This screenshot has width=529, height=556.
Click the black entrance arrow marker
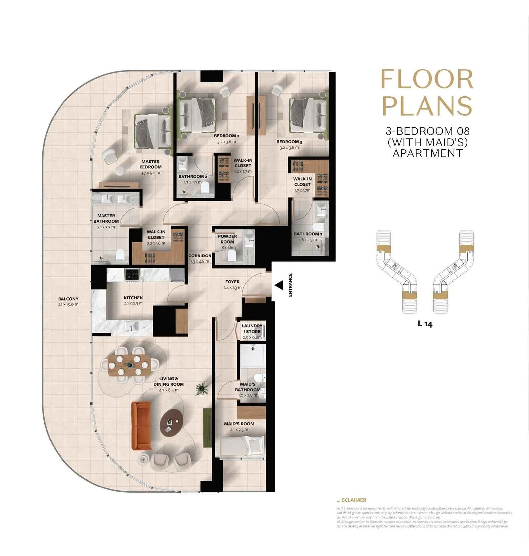[279, 285]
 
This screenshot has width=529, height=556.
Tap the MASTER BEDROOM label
[150, 164]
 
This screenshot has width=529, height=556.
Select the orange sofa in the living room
[141, 426]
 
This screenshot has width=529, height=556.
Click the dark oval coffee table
[171, 423]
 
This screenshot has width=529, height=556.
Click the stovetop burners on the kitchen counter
[132, 275]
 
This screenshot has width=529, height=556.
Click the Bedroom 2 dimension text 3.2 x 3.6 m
[226, 142]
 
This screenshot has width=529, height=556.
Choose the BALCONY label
[68, 299]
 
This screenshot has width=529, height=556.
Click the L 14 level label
[425, 324]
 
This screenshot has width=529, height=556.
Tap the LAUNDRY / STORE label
[252, 328]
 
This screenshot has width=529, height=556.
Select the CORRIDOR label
[200, 255]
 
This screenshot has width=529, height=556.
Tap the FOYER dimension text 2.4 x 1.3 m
[232, 288]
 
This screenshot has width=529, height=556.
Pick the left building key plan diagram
[396, 271]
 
